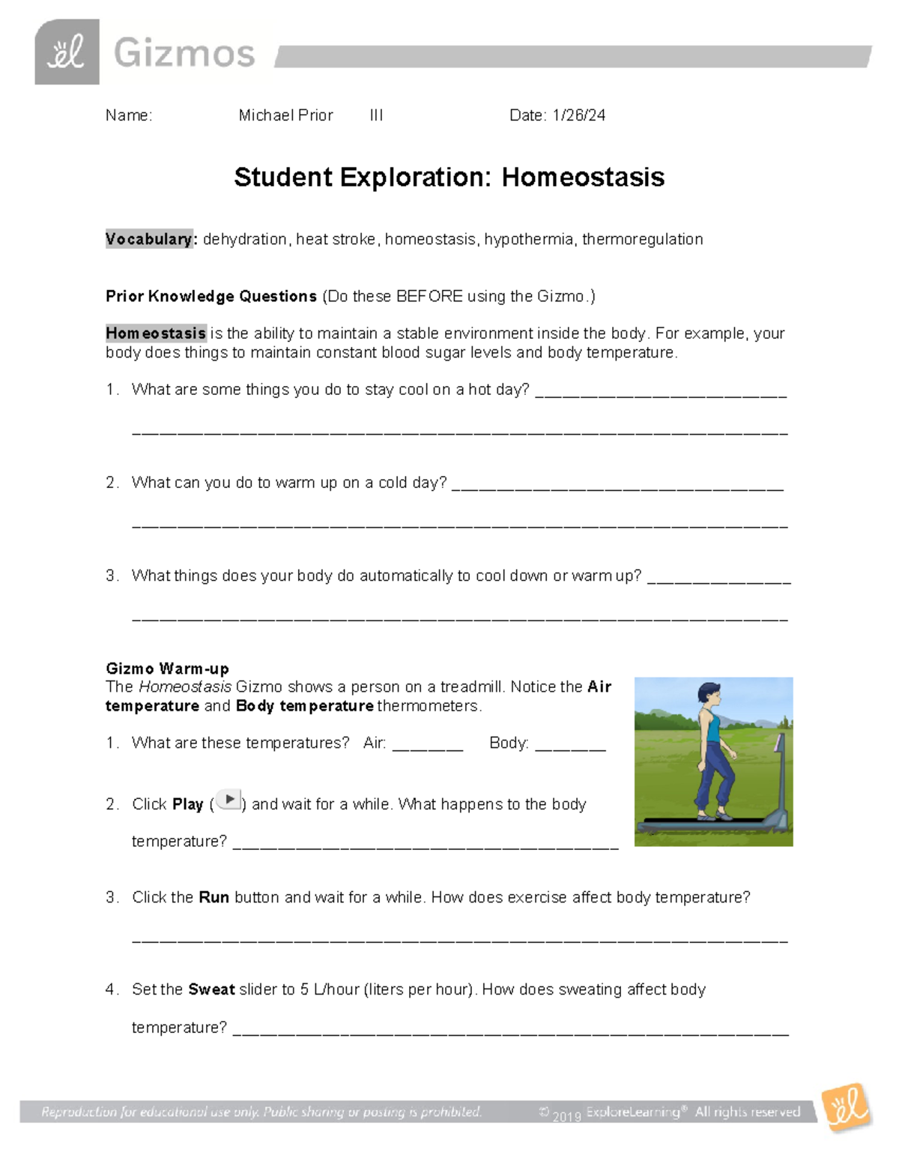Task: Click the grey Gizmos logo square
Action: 67,52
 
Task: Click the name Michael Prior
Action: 285,115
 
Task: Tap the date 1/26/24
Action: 579,115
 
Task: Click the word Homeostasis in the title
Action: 583,178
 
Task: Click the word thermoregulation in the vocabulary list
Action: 642,239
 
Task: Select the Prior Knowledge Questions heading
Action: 211,296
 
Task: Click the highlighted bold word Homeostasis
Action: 156,333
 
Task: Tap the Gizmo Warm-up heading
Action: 167,668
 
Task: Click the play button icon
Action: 228,800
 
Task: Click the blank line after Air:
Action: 428,746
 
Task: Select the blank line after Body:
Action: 570,746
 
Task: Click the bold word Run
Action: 214,897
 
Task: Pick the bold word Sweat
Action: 211,989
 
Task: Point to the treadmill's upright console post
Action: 781,779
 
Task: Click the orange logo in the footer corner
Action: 847,1107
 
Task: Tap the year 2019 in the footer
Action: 567,1116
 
